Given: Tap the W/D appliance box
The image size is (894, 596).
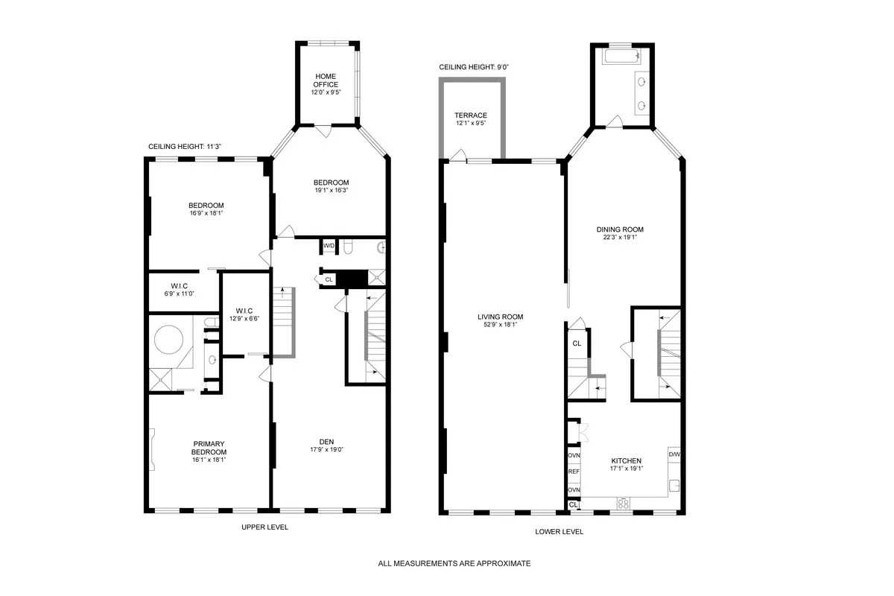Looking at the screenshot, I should [x=329, y=245].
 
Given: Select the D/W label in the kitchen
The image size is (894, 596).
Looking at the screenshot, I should [x=673, y=454].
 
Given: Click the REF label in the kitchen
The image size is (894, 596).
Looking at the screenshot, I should [x=574, y=472].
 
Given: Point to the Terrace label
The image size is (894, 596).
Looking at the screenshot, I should [x=471, y=115].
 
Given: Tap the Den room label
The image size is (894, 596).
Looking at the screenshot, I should [x=326, y=442].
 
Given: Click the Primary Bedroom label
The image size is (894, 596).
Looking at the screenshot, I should [x=209, y=447].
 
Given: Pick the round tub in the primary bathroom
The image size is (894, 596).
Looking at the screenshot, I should [x=170, y=341].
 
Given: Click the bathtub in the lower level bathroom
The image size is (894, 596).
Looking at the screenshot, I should [x=621, y=57].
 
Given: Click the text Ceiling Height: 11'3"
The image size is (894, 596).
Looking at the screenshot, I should [x=184, y=147].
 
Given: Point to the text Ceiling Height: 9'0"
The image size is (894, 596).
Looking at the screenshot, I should [x=473, y=67].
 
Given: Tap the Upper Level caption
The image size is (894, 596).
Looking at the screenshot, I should [x=264, y=527].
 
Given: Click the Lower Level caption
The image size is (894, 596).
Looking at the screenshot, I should [x=559, y=532].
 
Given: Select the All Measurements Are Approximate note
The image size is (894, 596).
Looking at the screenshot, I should [x=454, y=564].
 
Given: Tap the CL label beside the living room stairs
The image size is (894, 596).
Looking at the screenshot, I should [x=576, y=343].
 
